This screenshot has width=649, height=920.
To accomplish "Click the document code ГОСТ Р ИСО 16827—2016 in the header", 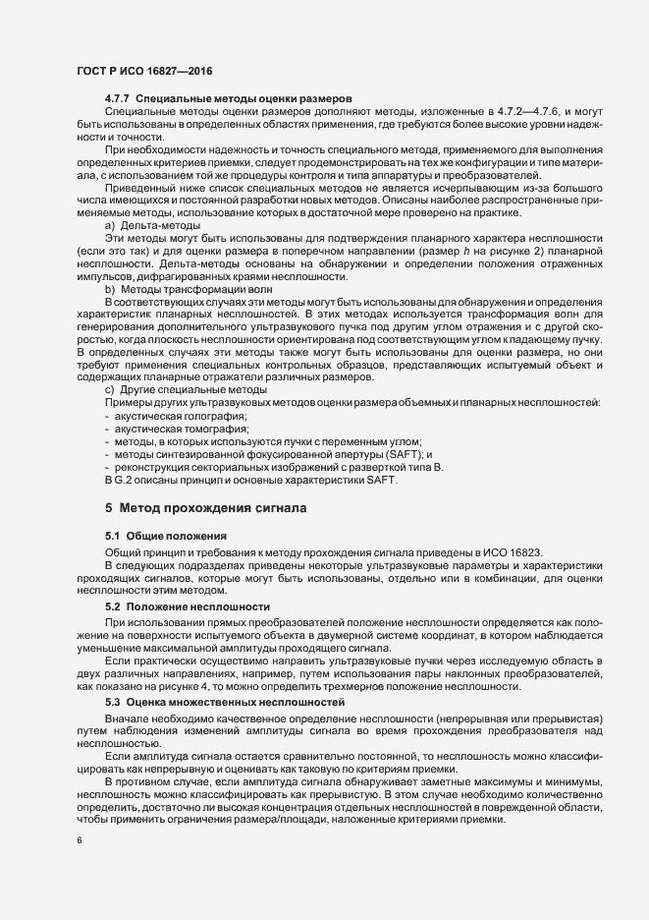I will coord(144,73).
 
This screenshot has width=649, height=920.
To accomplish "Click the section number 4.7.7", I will coord(117,100).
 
